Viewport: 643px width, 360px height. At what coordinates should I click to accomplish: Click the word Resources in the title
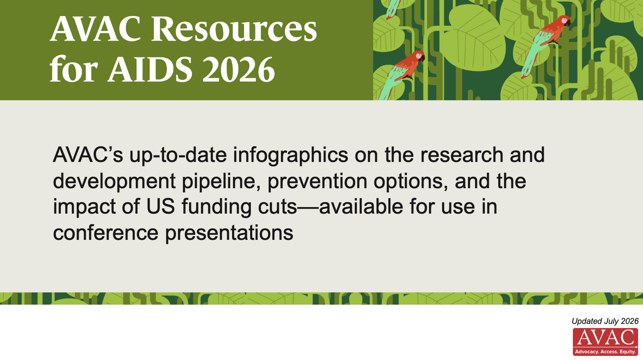tap(234, 29)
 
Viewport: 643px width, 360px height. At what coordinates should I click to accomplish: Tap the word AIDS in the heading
tap(150, 69)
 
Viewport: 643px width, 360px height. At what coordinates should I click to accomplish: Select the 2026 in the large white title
tap(239, 69)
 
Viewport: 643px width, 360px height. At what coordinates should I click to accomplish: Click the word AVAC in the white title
tap(96, 29)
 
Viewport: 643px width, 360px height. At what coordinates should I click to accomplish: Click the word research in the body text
tap(462, 155)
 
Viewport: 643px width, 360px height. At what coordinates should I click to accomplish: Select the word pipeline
tap(221, 182)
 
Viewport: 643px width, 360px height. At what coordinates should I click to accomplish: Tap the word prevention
tap(317, 182)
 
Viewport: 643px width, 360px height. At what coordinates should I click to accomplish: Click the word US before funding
tap(160, 207)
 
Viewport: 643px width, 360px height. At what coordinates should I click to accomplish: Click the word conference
tap(106, 233)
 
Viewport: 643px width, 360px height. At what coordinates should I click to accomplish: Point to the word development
tap(114, 182)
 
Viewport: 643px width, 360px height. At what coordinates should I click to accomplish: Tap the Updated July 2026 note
tap(605, 321)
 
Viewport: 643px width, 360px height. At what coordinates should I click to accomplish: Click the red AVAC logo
tap(605, 342)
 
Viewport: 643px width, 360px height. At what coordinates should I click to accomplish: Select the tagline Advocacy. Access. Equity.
tap(605, 352)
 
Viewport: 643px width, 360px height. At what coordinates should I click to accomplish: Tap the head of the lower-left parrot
tap(419, 56)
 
